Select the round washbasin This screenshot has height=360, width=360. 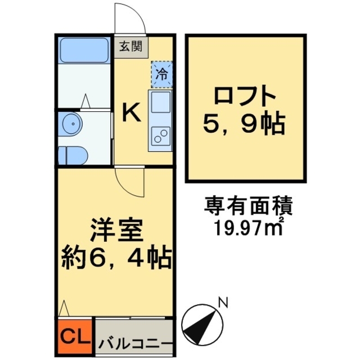pyautogui.click(x=71, y=122)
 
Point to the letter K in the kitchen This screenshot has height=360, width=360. pyautogui.click(x=132, y=112)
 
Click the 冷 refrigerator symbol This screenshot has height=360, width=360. pyautogui.click(x=161, y=74)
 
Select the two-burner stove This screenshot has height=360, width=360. pyautogui.click(x=161, y=137)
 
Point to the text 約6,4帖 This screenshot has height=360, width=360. pyautogui.click(x=116, y=258)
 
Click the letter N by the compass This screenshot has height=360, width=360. pyautogui.click(x=223, y=303)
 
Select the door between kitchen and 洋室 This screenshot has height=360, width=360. pyautogui.click(x=130, y=181)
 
